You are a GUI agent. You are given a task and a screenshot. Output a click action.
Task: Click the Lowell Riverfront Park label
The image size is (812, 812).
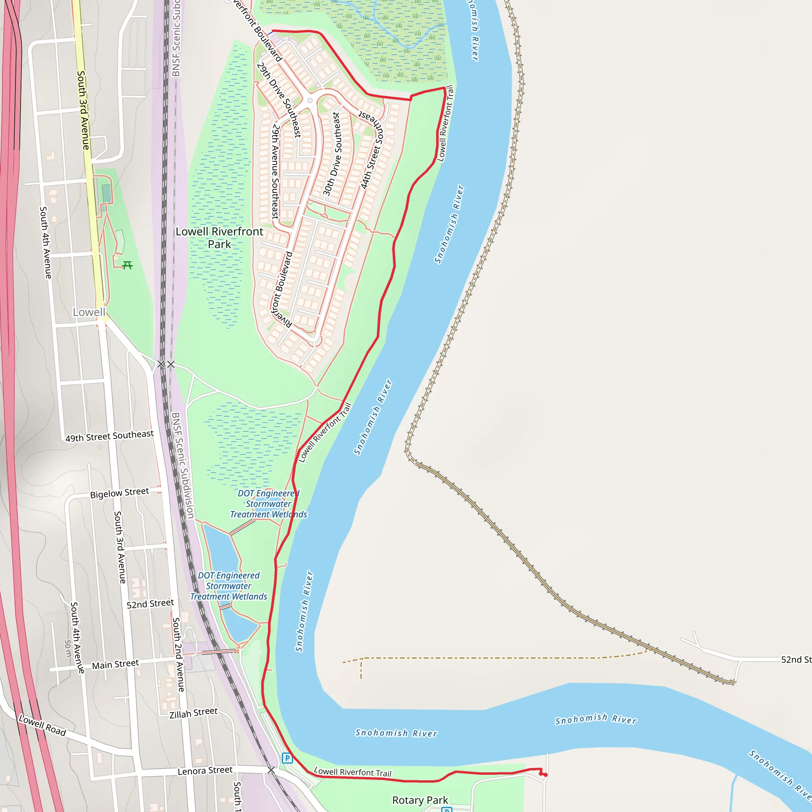click(x=219, y=238)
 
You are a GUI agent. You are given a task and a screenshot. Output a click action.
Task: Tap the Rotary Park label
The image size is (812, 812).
click(x=420, y=800)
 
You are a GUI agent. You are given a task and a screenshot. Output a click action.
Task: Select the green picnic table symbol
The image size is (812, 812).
click(x=127, y=265)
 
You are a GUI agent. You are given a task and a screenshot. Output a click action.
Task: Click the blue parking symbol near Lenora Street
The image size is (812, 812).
click(x=287, y=758)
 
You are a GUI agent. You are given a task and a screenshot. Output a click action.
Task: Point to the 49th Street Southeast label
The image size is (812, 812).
click(x=109, y=436)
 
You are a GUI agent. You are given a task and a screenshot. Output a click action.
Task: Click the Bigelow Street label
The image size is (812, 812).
click(x=119, y=492)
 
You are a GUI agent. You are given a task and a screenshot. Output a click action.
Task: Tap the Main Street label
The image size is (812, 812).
click(x=115, y=665)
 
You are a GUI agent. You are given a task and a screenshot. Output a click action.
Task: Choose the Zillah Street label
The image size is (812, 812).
click(x=193, y=713)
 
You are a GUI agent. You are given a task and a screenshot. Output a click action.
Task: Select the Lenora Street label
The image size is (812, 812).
click(x=205, y=771)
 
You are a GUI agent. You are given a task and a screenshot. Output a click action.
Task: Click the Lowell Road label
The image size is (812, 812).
click(x=42, y=726)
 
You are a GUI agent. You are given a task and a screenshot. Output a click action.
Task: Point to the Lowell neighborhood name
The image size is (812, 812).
click(x=89, y=312)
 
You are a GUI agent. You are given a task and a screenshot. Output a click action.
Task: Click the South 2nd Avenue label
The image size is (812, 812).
click(x=178, y=654)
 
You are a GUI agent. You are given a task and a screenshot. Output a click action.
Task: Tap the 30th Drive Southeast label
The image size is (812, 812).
click(x=332, y=154)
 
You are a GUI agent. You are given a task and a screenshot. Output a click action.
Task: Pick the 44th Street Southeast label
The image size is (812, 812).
click(x=372, y=151)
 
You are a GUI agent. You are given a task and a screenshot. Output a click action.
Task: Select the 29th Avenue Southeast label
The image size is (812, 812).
click(x=275, y=171)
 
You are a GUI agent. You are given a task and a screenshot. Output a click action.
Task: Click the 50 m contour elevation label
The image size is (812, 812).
click(x=68, y=649)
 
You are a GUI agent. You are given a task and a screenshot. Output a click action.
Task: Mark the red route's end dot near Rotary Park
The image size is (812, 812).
click(x=546, y=775)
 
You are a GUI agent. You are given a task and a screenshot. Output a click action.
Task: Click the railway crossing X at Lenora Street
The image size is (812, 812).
click(x=271, y=770)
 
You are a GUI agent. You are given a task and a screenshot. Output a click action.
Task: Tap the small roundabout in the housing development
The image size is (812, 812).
click(x=310, y=100)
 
